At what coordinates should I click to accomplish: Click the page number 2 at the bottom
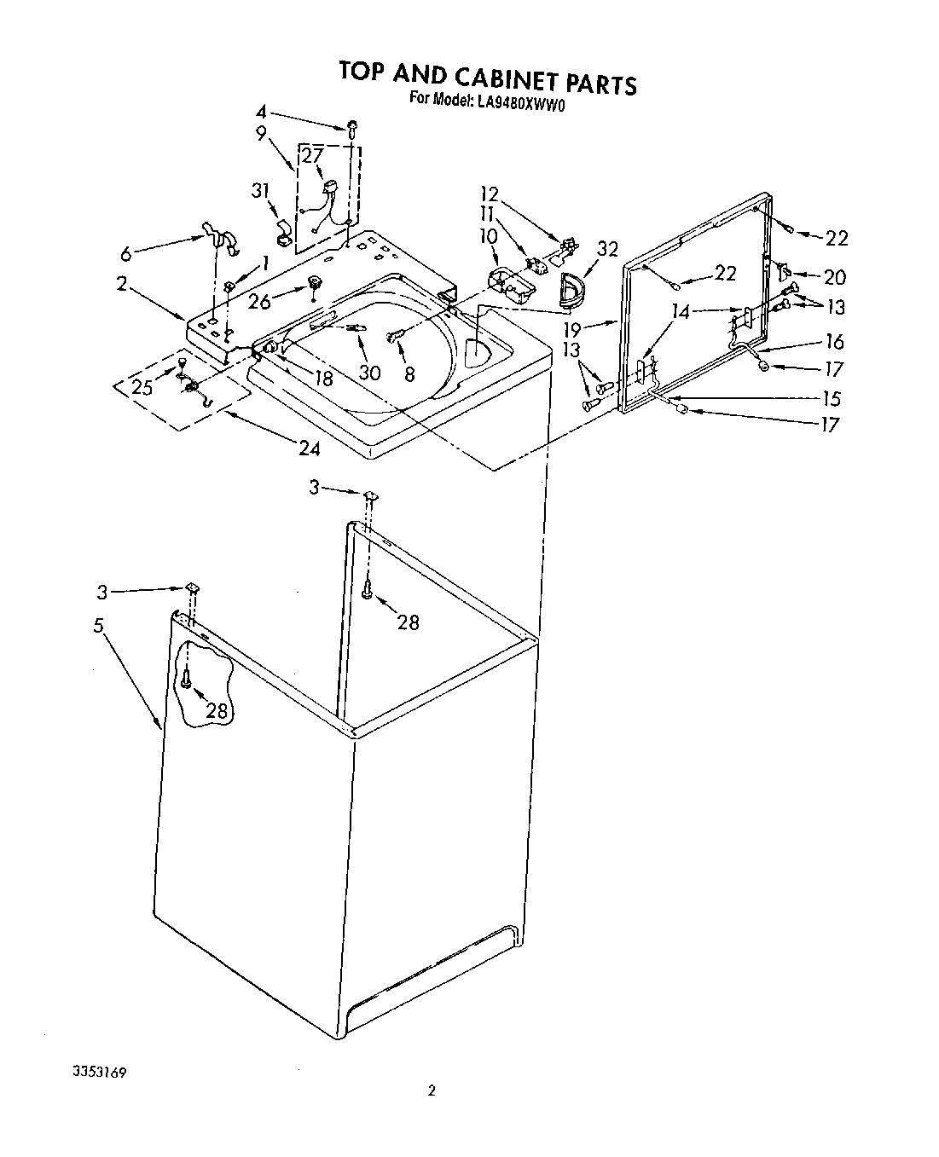(x=432, y=1090)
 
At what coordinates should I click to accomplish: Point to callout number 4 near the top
(x=262, y=112)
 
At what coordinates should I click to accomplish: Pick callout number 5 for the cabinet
(x=100, y=626)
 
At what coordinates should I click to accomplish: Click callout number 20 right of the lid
(x=834, y=277)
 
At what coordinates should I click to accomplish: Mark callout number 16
(x=833, y=341)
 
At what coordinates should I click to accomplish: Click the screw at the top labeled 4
(x=351, y=128)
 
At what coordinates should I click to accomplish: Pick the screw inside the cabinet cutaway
(x=185, y=679)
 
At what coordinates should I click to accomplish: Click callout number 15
(x=831, y=398)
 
